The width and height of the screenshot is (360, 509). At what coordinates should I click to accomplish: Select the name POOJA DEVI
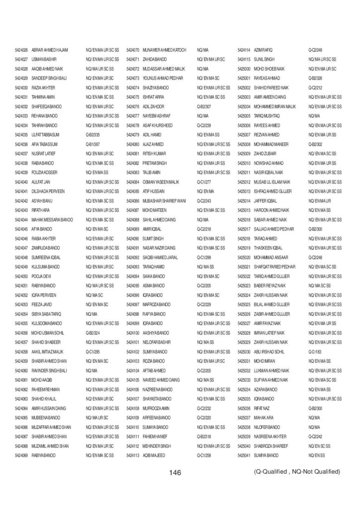44,275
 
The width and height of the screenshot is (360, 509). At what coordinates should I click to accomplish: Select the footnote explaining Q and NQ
297,471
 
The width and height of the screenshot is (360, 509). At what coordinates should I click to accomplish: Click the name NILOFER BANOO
267,426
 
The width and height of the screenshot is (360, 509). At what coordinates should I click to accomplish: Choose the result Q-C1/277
205,181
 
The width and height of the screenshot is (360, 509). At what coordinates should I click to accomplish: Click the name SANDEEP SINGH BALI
49,78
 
